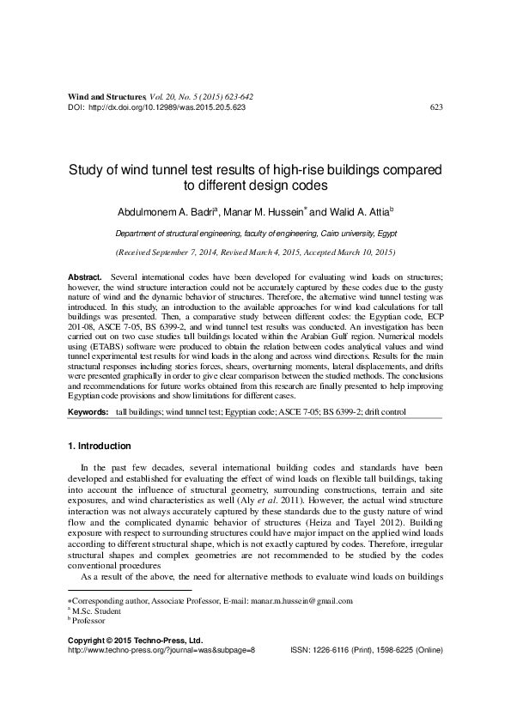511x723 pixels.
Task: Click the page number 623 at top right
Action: pyautogui.click(x=435, y=107)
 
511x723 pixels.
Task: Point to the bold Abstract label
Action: pyautogui.click(x=84, y=279)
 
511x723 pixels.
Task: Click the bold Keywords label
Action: pyautogui.click(x=88, y=413)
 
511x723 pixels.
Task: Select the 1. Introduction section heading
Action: pyautogui.click(x=99, y=447)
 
